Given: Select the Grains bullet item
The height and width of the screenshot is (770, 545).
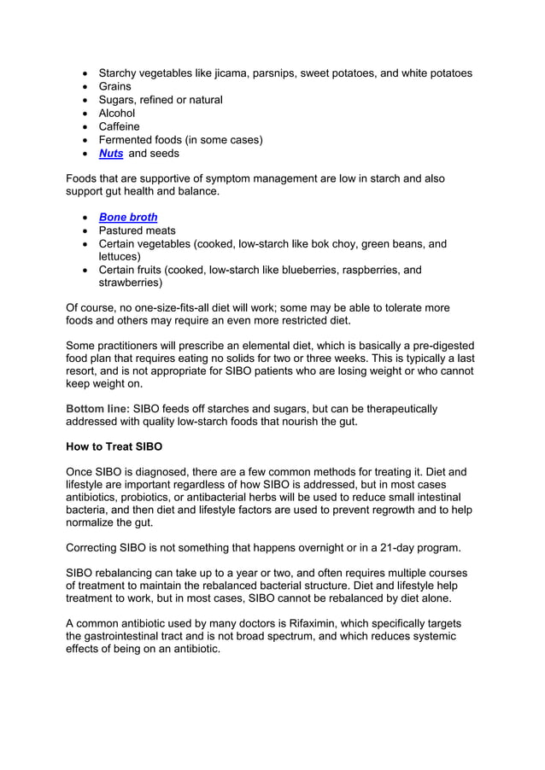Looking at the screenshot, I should coord(115,86).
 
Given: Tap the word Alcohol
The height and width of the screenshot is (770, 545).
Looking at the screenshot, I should coord(117,114).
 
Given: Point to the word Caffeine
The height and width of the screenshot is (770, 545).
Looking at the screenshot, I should coord(120,126).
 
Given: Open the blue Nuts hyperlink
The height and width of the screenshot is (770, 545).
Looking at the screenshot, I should coord(111,154).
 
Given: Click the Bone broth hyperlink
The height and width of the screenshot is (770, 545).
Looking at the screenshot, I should coord(128,218).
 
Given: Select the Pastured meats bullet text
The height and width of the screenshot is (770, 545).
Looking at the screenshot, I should coord(138,230).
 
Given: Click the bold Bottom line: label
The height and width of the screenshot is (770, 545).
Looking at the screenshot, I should coord(98,409).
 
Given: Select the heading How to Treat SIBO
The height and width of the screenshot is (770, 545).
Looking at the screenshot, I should coord(114,446).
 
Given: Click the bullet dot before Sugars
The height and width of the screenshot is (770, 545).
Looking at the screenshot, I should coord(85,100).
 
